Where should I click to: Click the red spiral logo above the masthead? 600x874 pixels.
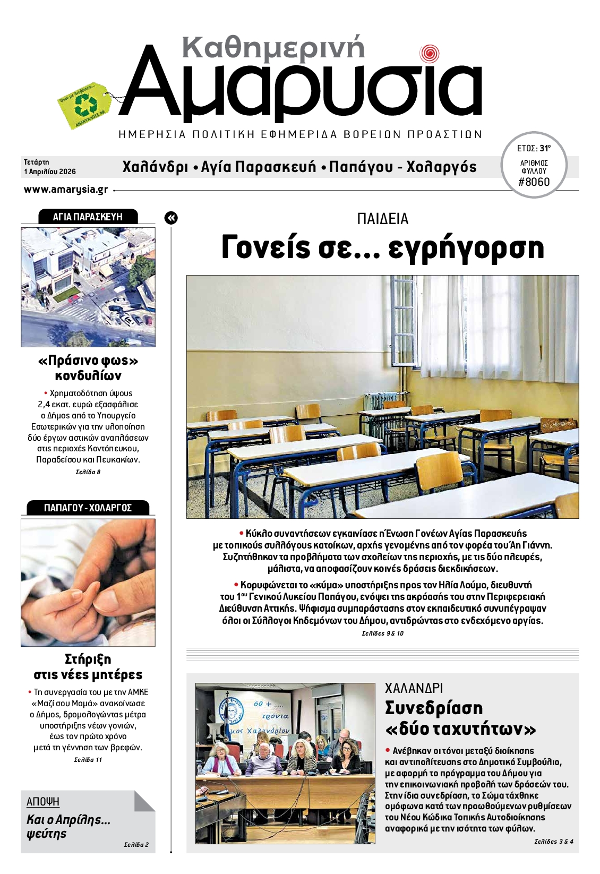429,54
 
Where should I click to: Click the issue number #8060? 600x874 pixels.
534,182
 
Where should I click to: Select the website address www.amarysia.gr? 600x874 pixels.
66,190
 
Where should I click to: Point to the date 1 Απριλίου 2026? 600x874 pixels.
50,172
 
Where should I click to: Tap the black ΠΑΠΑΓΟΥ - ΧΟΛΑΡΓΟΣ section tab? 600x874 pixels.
88,508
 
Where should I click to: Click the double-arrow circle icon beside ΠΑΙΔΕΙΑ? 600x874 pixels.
171,218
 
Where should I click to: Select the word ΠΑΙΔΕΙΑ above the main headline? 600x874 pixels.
382,219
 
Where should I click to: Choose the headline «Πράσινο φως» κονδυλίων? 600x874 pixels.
88,368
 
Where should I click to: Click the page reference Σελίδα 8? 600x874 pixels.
88,472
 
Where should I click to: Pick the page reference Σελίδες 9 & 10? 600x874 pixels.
382,633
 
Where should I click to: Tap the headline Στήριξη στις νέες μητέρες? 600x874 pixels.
88,667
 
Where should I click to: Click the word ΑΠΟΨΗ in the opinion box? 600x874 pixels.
43,802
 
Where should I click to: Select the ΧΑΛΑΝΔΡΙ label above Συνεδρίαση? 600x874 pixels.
414,688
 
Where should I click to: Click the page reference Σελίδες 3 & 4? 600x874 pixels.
554,841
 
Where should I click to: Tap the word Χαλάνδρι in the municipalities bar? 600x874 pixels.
155,167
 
